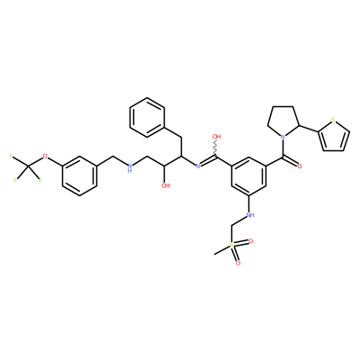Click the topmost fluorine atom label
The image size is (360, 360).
tap(11, 156)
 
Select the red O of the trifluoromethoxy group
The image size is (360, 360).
tap(45, 156)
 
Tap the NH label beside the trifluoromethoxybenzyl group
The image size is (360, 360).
tap(130, 167)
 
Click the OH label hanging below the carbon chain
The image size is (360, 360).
tap(166, 185)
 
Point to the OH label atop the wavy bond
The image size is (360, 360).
tap(217, 137)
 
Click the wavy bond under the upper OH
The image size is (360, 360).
tap(216, 148)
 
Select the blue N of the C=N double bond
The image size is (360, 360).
tap(198, 166)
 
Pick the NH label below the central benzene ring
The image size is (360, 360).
tap(249, 215)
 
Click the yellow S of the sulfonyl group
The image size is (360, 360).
tap(231, 245)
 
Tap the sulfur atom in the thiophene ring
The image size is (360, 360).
tap(333, 121)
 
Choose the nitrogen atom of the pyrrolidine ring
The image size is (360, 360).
tap(282, 137)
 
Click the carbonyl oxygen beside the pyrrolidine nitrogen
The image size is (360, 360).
tap(299, 166)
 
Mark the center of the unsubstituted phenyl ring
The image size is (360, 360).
tap(148, 117)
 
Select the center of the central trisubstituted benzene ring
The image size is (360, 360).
tap(249, 175)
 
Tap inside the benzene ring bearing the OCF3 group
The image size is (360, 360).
tap(79, 175)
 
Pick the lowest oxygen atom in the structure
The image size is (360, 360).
tap(238, 263)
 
